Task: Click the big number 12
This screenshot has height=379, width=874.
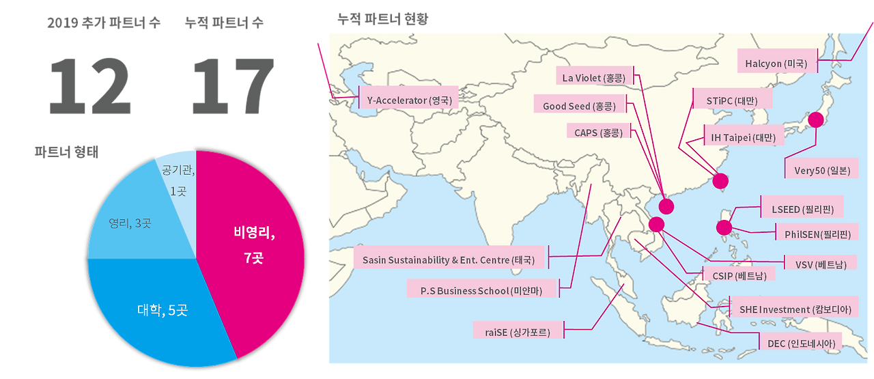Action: [x=90, y=86]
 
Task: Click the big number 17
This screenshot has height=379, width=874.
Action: [x=233, y=86]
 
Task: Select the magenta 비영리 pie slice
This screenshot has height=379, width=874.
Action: [x=253, y=246]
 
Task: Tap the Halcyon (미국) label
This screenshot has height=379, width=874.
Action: [x=776, y=64]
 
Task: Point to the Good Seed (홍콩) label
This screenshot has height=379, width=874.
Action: [x=579, y=106]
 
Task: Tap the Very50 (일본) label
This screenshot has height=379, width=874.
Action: [x=821, y=170]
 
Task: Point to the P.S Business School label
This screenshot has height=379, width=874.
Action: [x=482, y=290]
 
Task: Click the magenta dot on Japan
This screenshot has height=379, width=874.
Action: [x=815, y=120]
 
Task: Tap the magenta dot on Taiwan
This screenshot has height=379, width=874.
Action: [x=720, y=182]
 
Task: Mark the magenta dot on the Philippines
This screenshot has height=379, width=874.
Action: [x=724, y=227]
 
